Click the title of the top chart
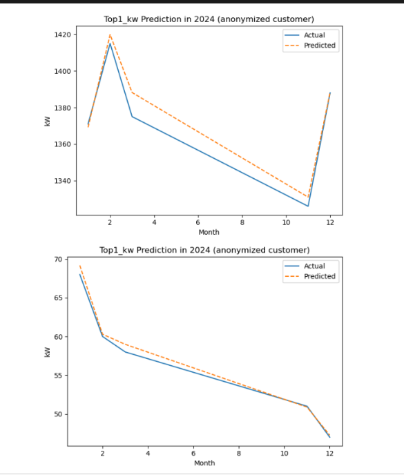pos(208,19)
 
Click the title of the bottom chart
pos(205,249)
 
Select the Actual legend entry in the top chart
pos(314,35)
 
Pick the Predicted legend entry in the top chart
pos(319,46)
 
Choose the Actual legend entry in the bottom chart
pos(314,266)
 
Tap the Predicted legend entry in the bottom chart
pos(319,276)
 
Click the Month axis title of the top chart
pos(209,232)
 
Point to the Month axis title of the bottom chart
pos(205,463)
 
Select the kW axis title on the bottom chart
pos(48,351)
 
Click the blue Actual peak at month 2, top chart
pos(110,43)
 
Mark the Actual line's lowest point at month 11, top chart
pos(308,206)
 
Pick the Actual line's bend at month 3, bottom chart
pos(126,352)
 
